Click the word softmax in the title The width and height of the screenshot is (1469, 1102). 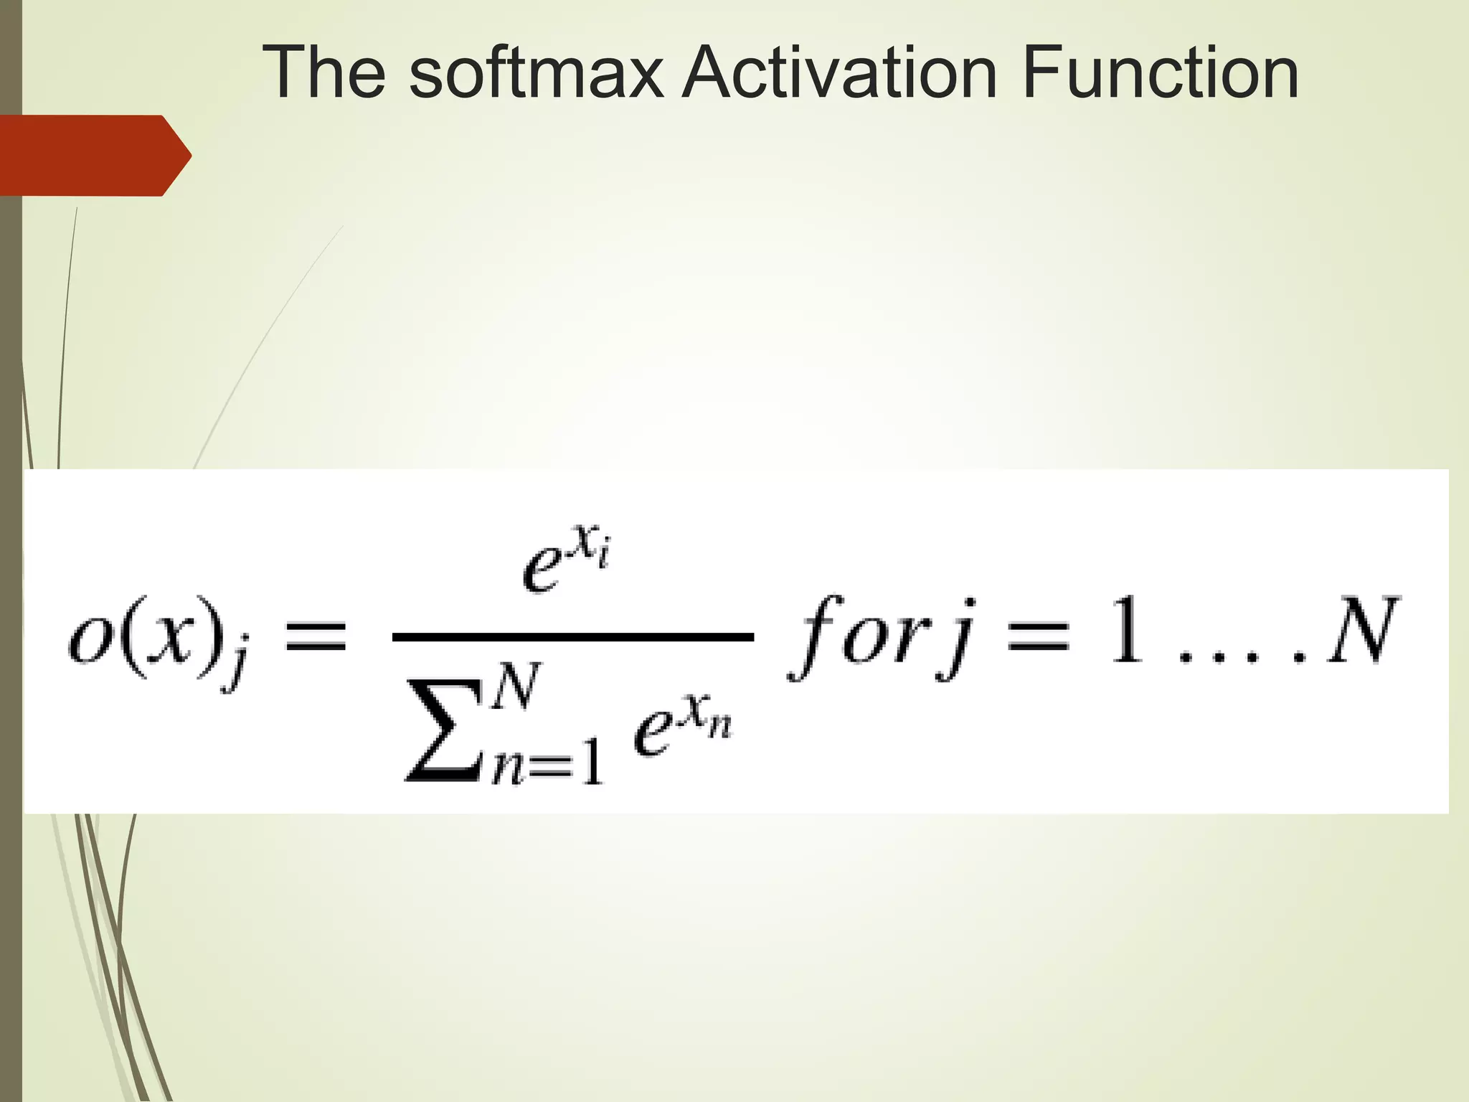535,72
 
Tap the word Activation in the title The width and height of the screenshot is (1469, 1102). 839,72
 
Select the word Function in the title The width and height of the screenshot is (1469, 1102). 1160,72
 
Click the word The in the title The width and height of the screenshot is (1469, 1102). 325,72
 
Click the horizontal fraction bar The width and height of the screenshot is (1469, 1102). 572,636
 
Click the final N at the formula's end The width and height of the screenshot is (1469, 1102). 1361,632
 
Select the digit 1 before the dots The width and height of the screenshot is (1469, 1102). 1127,632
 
